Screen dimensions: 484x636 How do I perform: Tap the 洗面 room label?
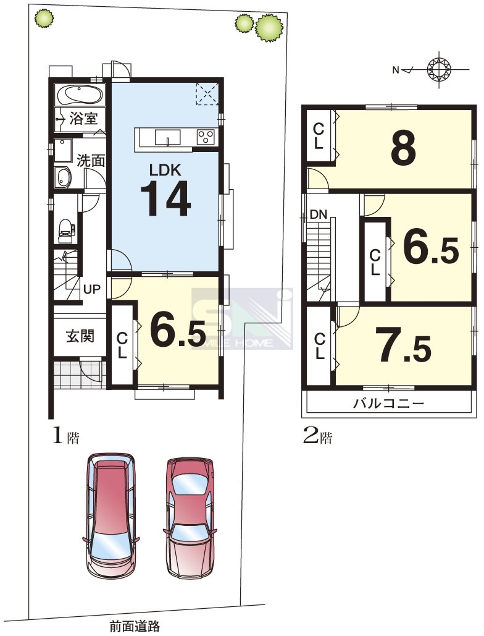[91, 161]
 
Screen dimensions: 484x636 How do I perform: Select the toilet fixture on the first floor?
[65, 228]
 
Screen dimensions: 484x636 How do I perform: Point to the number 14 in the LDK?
[165, 199]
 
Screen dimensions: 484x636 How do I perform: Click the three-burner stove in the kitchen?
[206, 136]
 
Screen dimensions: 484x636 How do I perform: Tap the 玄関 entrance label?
[80, 336]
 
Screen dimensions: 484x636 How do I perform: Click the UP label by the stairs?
[91, 289]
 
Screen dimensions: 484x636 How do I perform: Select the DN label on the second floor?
[319, 214]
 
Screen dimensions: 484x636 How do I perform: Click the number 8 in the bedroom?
[403, 148]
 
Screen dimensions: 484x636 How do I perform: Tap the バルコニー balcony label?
[388, 404]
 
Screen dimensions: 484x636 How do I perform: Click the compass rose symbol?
[439, 70]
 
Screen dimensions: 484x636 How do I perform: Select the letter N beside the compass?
[396, 70]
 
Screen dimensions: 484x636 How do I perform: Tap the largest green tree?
[269, 27]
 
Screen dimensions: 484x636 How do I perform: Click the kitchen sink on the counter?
[167, 137]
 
